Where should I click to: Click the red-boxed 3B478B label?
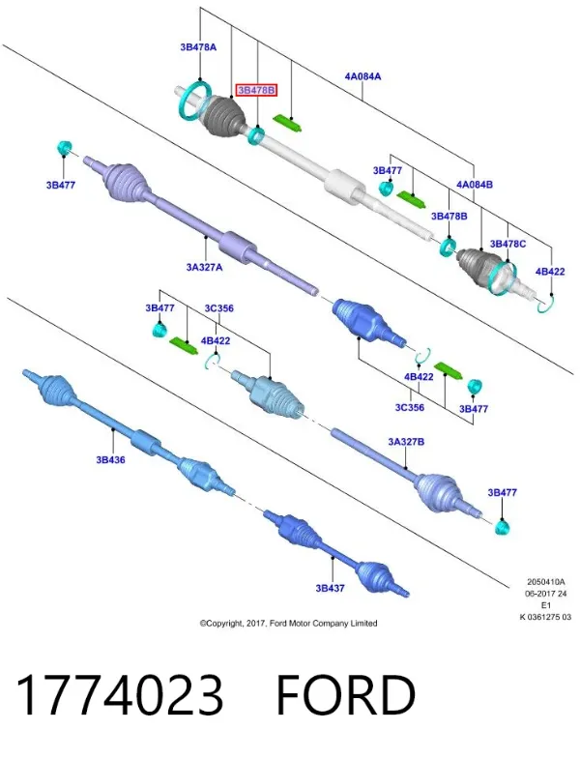(256, 90)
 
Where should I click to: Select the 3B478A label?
(198, 47)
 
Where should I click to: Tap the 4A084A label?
(362, 76)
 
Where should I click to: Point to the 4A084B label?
(475, 184)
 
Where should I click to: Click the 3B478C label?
(507, 244)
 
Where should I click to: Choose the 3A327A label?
(204, 267)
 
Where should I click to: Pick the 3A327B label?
(406, 442)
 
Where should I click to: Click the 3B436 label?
(110, 459)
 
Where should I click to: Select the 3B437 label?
(330, 588)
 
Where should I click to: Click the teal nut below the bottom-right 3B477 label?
(503, 527)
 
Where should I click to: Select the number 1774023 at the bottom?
(120, 694)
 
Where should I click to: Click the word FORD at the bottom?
(346, 694)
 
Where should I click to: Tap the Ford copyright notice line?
(288, 623)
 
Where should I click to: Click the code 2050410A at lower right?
(545, 582)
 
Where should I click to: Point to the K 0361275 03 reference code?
(545, 617)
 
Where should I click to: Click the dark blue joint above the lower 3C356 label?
(368, 321)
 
